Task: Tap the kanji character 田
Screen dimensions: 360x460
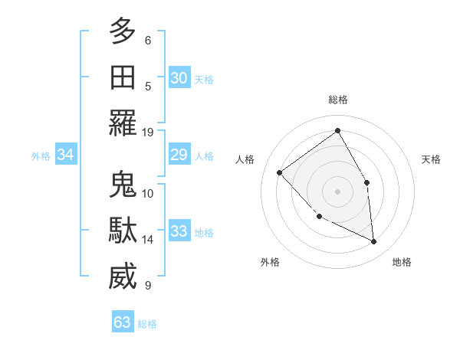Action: (123, 77)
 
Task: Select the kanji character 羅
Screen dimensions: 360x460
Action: (123, 123)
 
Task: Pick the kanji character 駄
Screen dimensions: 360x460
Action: (123, 231)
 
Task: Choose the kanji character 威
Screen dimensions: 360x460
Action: (123, 277)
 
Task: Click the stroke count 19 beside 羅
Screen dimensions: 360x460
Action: (148, 132)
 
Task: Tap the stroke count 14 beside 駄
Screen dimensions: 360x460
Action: (148, 240)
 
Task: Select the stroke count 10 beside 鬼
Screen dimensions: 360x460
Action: (148, 193)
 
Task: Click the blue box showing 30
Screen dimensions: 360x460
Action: (179, 78)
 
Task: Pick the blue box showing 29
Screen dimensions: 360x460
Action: (179, 155)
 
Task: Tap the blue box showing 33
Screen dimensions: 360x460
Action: (179, 231)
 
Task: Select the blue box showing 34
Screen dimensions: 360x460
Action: (65, 155)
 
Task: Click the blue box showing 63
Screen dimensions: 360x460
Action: (122, 322)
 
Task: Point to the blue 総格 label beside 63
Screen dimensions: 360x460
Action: (147, 324)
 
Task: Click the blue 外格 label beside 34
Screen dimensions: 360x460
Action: (41, 156)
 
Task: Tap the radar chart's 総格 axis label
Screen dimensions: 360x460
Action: (337, 100)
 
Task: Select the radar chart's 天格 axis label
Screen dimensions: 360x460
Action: (431, 159)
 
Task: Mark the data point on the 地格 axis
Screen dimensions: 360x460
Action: (373, 241)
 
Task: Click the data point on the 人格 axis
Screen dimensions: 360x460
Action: (280, 172)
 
